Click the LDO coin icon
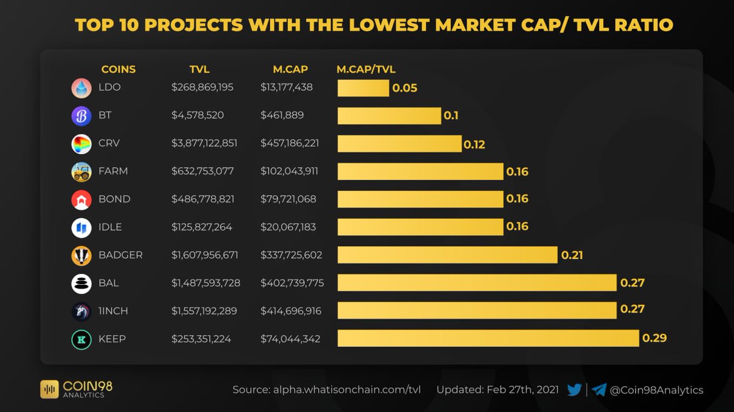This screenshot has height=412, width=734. click(x=81, y=88)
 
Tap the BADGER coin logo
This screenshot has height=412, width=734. click(x=81, y=256)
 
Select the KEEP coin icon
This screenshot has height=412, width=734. click(x=81, y=340)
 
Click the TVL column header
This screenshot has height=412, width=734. click(x=199, y=70)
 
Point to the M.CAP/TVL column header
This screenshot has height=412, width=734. click(x=366, y=70)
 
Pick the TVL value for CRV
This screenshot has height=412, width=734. click(x=204, y=143)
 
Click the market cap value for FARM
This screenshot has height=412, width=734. click(x=289, y=171)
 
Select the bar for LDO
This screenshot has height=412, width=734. click(x=363, y=88)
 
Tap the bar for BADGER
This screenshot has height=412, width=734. click(x=447, y=255)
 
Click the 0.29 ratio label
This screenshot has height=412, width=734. click(x=654, y=338)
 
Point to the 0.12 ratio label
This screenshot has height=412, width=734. click(x=474, y=144)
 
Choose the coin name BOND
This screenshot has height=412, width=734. click(x=114, y=199)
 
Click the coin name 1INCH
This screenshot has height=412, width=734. click(x=113, y=311)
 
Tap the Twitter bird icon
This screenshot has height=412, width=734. click(x=574, y=390)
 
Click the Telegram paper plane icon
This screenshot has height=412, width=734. click(x=599, y=390)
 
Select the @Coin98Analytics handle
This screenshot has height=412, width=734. click(x=656, y=390)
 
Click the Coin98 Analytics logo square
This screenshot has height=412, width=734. click(x=50, y=389)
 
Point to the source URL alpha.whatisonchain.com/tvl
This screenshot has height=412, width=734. click(x=347, y=390)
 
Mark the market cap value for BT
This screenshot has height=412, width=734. click(x=282, y=116)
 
